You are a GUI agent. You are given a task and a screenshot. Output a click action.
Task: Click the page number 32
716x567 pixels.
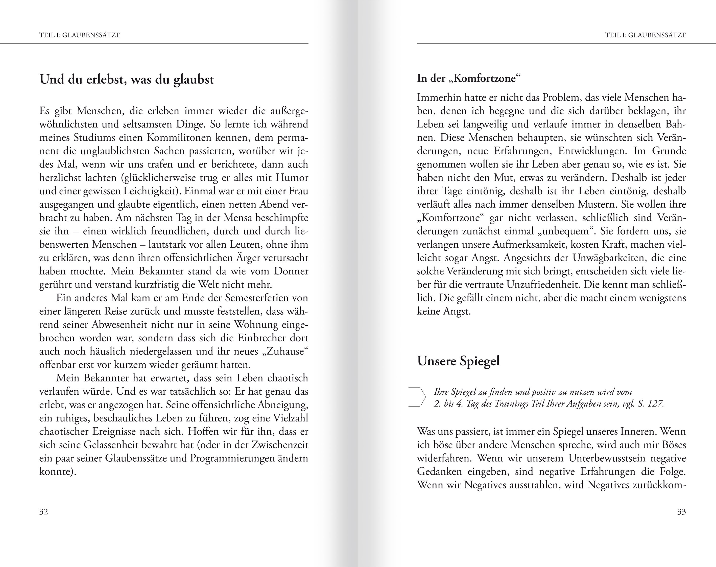click(43, 512)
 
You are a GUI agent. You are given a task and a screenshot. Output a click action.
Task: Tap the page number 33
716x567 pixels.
click(681, 512)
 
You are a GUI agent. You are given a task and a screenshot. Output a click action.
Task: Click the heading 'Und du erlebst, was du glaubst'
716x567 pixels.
click(127, 79)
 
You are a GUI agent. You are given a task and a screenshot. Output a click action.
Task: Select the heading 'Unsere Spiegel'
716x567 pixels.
click(458, 361)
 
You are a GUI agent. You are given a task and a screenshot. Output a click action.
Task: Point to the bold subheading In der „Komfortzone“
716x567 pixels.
click(469, 78)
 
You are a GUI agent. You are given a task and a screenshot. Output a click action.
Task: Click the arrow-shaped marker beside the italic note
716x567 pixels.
click(417, 397)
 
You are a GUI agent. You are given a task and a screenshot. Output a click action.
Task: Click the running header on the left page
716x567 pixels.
click(80, 35)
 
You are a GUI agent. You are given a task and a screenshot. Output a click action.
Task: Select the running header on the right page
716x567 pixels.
click(645, 35)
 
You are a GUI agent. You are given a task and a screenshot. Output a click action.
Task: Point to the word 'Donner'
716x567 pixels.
click(291, 271)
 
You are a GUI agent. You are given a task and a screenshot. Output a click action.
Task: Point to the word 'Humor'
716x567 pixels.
click(292, 178)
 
